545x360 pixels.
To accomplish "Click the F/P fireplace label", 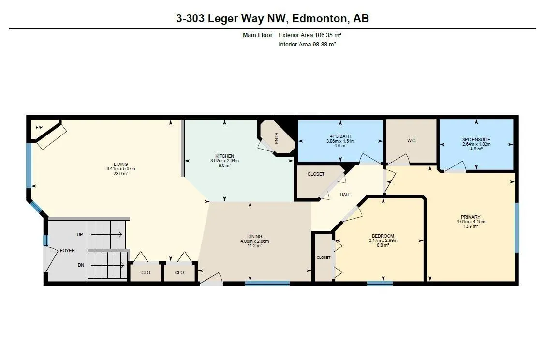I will pyautogui.click(x=39, y=127).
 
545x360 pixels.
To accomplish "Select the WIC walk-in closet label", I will pyautogui.click(x=411, y=141).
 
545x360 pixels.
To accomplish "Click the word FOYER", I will pyautogui.click(x=67, y=251).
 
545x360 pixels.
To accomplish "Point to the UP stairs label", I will pyautogui.click(x=80, y=234).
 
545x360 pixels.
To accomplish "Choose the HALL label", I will pyautogui.click(x=345, y=195).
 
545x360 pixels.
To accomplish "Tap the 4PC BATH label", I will pyautogui.click(x=340, y=136).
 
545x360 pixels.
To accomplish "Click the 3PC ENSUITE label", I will pyautogui.click(x=476, y=139).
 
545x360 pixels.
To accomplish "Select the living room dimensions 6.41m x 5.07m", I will pyautogui.click(x=120, y=169).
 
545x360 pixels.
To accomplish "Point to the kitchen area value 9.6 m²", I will pyautogui.click(x=224, y=165).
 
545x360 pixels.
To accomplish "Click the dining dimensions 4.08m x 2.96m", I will pyautogui.click(x=254, y=241).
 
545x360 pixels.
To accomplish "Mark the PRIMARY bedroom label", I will pyautogui.click(x=471, y=217).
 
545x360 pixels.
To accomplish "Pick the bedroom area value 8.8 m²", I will pyautogui.click(x=383, y=245).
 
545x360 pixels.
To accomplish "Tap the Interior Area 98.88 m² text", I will pyautogui.click(x=307, y=45).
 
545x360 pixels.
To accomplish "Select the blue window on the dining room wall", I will pyautogui.click(x=267, y=284).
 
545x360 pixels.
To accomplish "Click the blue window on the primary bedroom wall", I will pyautogui.click(x=516, y=227).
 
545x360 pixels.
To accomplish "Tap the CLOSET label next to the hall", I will pyautogui.click(x=316, y=174).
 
